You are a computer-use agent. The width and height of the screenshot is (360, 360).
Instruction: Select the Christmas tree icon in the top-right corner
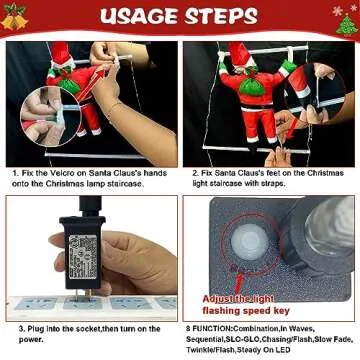tap(346, 20)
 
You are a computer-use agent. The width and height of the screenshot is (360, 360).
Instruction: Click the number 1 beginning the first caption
tap(15, 173)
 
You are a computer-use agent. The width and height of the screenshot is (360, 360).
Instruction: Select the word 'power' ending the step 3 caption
tap(31, 337)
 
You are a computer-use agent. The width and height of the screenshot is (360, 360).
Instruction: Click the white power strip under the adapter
tap(90, 301)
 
